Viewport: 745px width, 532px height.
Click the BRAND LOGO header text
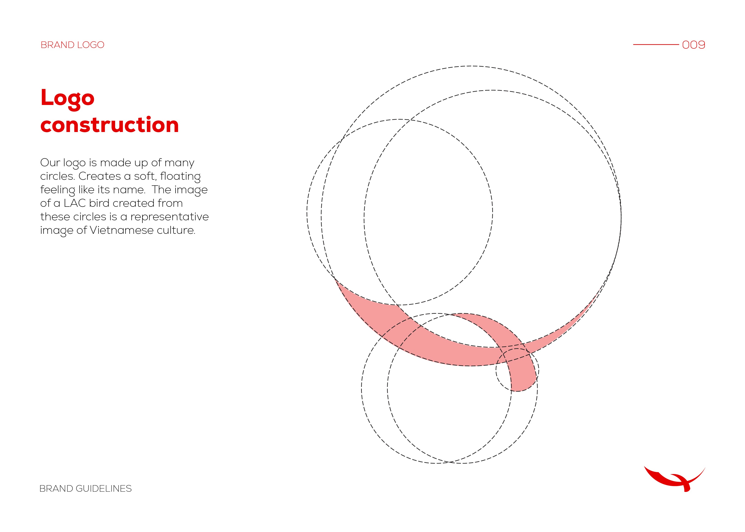[72, 45]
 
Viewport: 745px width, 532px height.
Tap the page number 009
[694, 45]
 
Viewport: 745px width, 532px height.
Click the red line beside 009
[656, 45]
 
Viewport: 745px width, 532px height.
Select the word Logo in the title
[68, 99]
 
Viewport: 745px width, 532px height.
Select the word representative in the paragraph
[169, 217]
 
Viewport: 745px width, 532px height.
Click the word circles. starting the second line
[58, 176]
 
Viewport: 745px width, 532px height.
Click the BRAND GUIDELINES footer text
[86, 489]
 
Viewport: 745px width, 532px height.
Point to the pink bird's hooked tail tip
[517, 391]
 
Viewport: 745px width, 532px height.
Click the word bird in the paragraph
[99, 203]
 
